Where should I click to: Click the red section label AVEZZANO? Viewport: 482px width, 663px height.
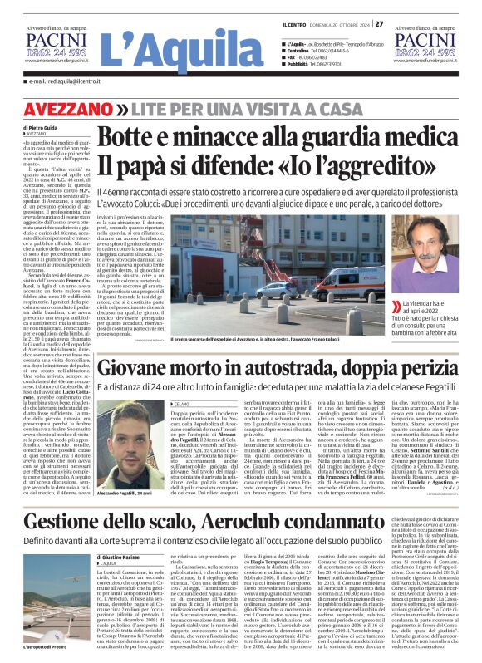point(79,110)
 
